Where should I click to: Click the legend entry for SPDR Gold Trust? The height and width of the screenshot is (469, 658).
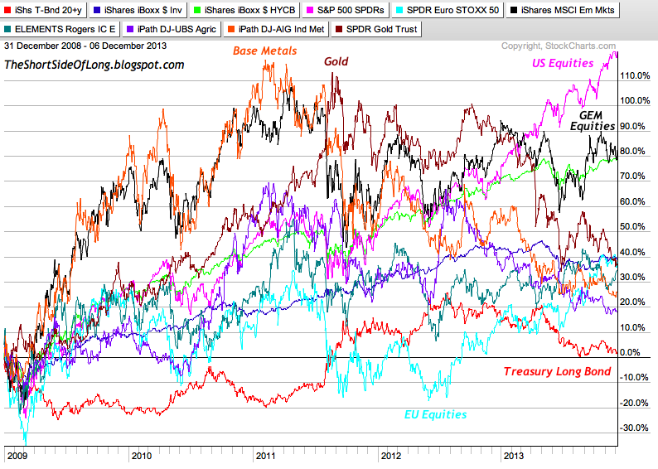[379, 30]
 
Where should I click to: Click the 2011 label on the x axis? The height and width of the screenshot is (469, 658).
[266, 456]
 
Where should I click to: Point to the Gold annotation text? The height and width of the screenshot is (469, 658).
[336, 61]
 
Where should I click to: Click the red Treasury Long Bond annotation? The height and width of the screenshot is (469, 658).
[557, 372]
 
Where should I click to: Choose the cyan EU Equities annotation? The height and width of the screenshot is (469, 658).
[435, 414]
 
